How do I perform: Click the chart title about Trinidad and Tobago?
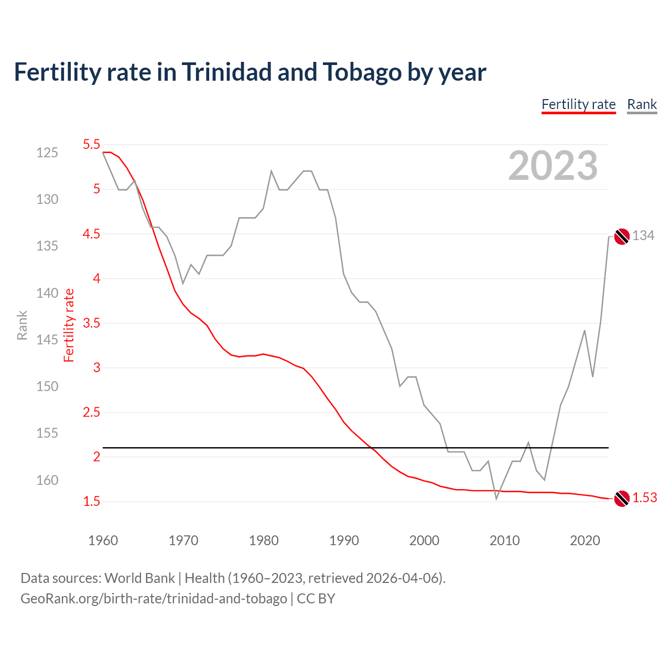coord(250,72)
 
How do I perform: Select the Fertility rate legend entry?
coord(578,104)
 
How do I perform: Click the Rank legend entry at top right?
coord(642,104)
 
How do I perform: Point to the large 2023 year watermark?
coord(553,166)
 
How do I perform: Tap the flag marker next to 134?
coord(622,236)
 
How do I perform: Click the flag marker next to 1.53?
coord(622,499)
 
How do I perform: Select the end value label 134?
coord(643,236)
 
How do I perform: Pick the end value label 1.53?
coord(644,498)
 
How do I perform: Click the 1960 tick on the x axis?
coord(103,540)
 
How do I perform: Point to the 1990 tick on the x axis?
coord(344,540)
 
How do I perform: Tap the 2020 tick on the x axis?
coord(585,540)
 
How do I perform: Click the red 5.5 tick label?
coord(91,144)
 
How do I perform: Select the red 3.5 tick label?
coord(91,323)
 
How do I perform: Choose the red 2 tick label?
coord(96,457)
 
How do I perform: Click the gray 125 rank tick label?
coord(47,153)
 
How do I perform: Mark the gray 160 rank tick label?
coord(47,480)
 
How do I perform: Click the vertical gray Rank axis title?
coord(22,326)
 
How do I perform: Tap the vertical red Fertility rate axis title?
coord(69,326)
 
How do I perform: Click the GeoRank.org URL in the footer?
coord(154,599)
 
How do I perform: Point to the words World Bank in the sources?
coord(139,578)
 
